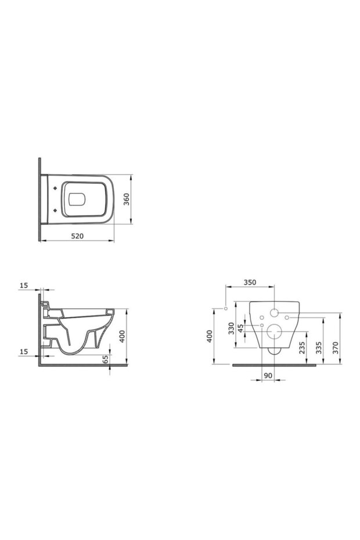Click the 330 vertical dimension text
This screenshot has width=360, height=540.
tap(231, 329)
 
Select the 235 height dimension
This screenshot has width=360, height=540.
tap(302, 347)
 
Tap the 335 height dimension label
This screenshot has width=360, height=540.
tap(319, 347)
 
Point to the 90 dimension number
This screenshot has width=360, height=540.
tap(268, 376)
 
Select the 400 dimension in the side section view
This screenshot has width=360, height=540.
tap(123, 336)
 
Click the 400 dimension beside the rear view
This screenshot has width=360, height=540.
tap(211, 336)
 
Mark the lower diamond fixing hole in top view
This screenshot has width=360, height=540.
tap(55, 209)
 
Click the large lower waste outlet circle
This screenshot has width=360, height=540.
tap(273, 333)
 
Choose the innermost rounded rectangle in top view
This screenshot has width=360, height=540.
tap(76, 199)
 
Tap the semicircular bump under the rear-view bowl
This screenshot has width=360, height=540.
tap(273, 350)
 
